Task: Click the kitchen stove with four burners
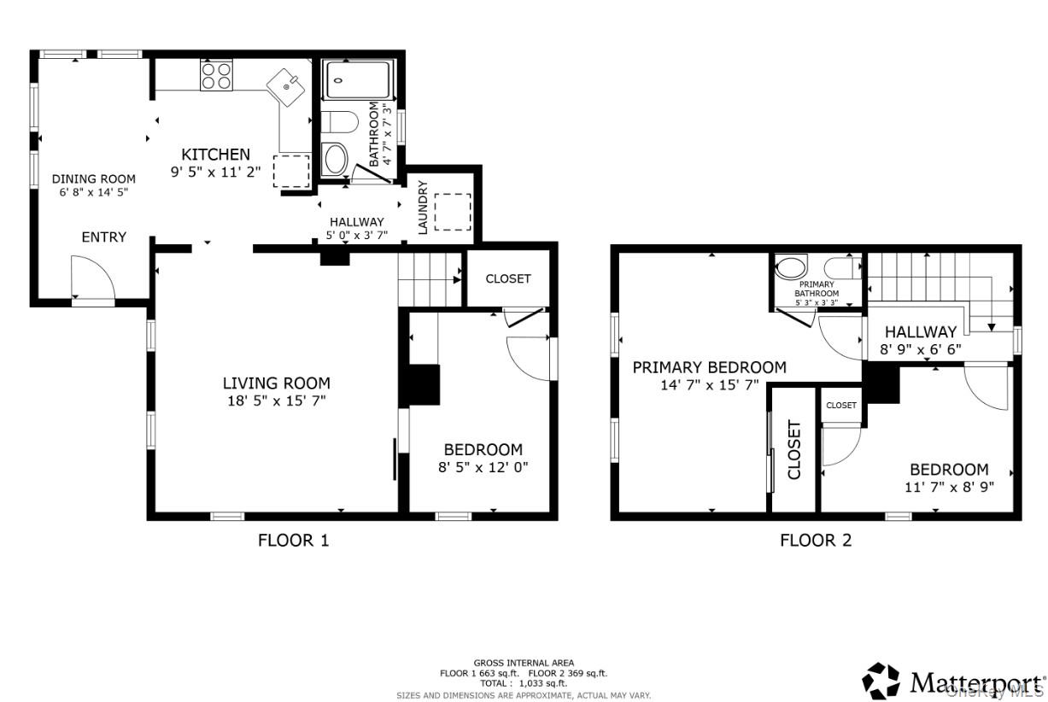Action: [x=216, y=75]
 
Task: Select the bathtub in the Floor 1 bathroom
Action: [x=358, y=80]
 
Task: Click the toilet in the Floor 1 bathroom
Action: [x=340, y=122]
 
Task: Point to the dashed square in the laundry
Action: [x=453, y=212]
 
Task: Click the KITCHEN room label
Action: [x=216, y=155]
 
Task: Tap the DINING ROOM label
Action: [x=94, y=179]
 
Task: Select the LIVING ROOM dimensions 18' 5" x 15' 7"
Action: [x=277, y=401]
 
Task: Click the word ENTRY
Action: [x=104, y=237]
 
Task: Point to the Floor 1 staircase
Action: [x=430, y=279]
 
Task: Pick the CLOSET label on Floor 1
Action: [x=508, y=278]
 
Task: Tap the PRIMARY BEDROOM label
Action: [x=709, y=367]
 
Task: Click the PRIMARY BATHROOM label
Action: [x=817, y=289]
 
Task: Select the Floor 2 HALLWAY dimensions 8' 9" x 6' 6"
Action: [x=921, y=349]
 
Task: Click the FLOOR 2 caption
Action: [x=816, y=541]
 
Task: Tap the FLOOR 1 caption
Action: [x=293, y=541]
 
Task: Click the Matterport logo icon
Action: [x=881, y=681]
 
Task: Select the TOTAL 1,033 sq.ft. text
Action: [x=524, y=683]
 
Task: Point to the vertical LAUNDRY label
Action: [x=423, y=208]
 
